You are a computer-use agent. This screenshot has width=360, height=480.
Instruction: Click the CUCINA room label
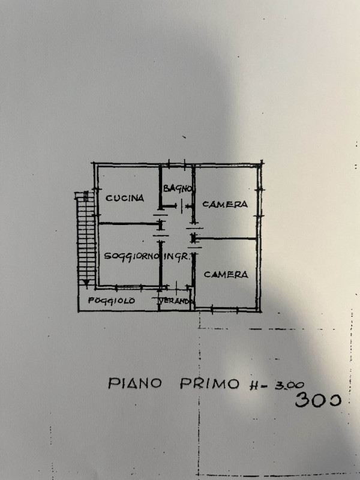[x=125, y=198]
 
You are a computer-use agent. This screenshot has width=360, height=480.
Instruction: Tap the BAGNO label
[x=178, y=188]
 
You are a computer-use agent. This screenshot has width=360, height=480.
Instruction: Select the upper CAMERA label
[x=225, y=204]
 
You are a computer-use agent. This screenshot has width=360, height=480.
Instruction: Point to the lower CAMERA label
[x=226, y=275]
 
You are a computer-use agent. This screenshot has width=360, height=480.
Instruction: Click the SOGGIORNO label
[x=132, y=257]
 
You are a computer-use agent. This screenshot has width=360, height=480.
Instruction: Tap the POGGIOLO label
[x=112, y=301]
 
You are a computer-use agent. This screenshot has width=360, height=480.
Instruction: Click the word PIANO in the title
[x=134, y=383]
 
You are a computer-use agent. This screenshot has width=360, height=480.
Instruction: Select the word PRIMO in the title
[x=209, y=383]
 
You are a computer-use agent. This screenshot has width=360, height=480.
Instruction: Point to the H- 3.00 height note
[x=277, y=385]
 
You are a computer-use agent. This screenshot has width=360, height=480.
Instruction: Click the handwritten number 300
[x=318, y=399]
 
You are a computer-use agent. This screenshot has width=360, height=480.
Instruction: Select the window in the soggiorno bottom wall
[x=128, y=287]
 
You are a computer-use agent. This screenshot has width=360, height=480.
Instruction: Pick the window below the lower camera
[x=224, y=310]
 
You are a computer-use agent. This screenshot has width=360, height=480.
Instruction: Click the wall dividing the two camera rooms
[x=226, y=238]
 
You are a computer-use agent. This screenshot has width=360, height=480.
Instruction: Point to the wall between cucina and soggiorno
[x=129, y=224]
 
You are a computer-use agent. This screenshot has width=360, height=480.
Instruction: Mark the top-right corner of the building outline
[x=261, y=163]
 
